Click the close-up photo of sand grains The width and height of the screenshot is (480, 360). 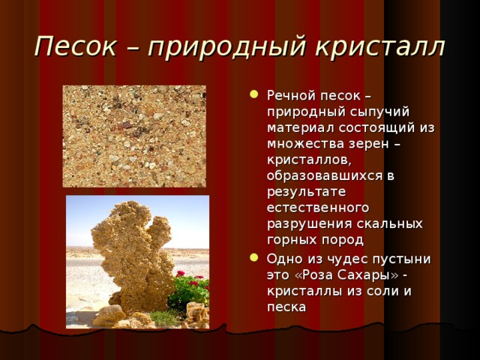134,136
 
